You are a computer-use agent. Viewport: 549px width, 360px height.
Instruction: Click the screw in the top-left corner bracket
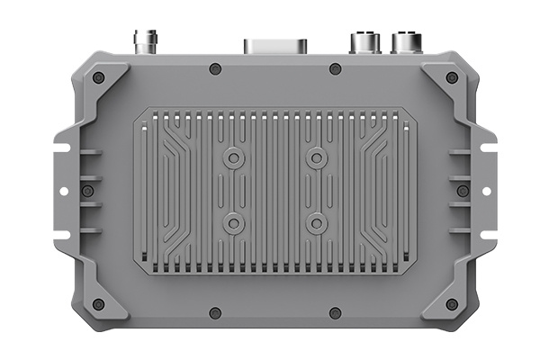coord(98,77)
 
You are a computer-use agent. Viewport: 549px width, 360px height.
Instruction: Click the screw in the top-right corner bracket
coord(451,77)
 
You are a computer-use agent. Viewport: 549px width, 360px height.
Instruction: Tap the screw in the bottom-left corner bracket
coord(98,304)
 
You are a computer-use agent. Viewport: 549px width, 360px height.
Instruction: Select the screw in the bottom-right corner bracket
coord(451,304)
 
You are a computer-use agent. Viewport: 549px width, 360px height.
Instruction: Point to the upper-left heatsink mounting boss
coord(234,159)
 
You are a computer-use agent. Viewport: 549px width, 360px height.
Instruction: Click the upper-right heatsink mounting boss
coord(315,159)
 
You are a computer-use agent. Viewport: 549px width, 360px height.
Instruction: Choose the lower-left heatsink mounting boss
coord(234,221)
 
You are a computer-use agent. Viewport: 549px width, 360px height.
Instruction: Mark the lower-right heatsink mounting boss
coord(315,221)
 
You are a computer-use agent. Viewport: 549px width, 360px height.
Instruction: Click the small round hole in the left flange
coord(62,191)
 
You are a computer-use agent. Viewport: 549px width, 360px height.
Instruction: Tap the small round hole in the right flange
coord(486,191)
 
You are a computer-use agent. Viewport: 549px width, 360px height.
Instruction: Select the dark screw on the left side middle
coord(87,191)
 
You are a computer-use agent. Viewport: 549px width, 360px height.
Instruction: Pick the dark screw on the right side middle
coord(462,191)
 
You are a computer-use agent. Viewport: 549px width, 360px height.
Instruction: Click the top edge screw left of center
coord(214,69)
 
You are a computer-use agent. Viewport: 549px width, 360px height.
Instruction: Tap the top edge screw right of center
coord(335,69)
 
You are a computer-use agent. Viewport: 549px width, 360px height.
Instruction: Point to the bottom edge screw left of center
coord(214,313)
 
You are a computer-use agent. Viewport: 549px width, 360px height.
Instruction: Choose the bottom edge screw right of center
coord(335,313)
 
